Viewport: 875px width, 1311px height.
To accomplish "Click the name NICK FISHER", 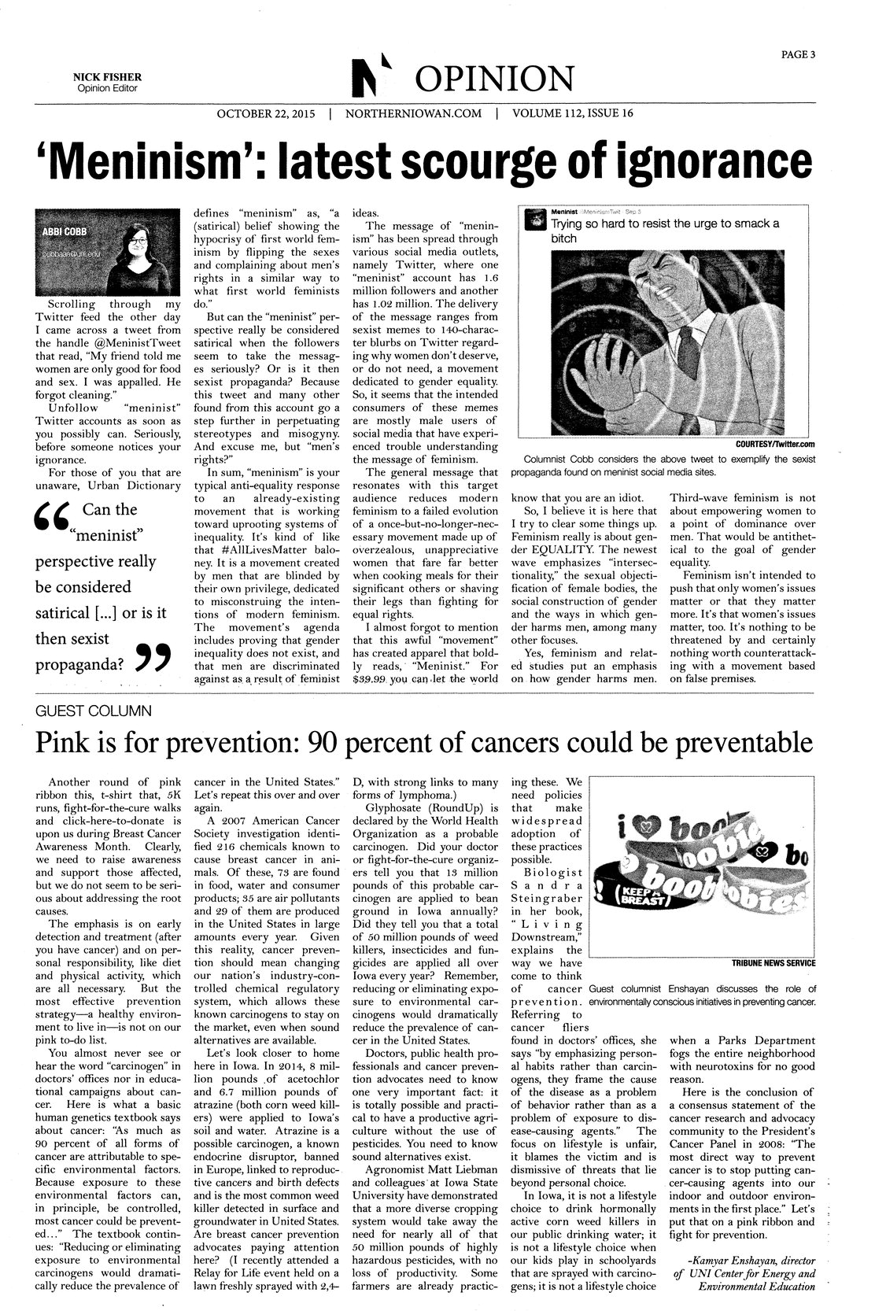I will point(107,76).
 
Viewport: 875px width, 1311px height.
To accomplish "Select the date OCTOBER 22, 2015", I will point(266,114).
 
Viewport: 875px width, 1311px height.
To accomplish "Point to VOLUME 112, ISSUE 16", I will point(573,114).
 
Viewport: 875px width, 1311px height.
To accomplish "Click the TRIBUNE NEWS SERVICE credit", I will point(773,962).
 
